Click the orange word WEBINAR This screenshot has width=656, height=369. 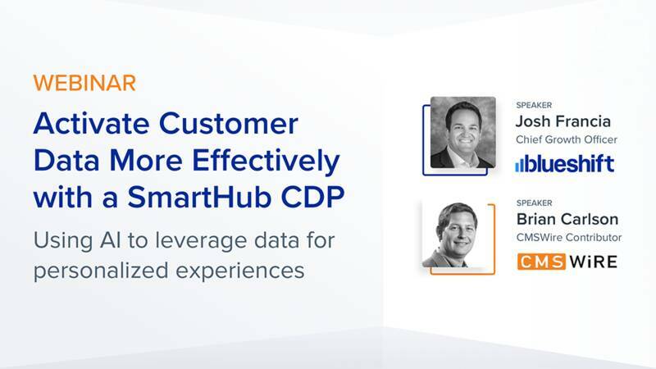84,83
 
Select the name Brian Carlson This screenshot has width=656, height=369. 567,220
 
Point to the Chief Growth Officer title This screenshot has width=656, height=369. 566,140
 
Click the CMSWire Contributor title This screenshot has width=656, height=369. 568,238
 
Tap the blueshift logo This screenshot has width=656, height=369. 564,164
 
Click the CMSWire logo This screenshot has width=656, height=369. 566,262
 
